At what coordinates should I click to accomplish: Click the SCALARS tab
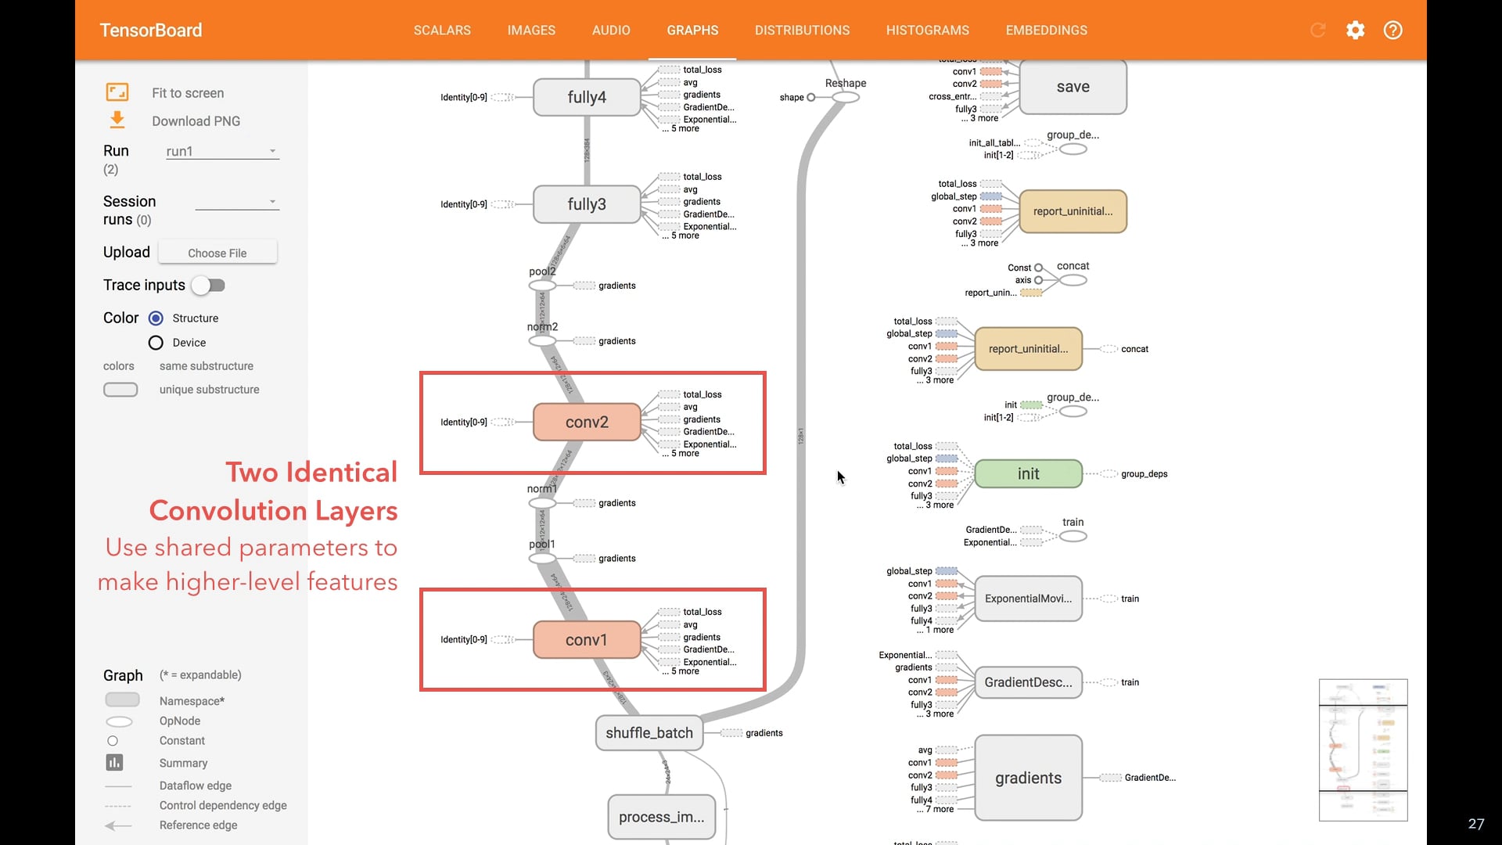tap(442, 31)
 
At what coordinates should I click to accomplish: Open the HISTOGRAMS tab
tap(927, 31)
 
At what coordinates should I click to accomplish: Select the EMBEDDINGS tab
tap(1046, 31)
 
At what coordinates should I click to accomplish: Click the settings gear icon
tap(1355, 31)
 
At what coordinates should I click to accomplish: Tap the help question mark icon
tap(1392, 31)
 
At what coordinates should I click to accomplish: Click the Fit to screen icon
tap(117, 92)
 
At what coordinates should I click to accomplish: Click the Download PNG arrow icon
tap(117, 120)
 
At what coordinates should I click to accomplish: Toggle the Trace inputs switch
tap(209, 286)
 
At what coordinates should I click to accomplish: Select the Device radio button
tap(156, 343)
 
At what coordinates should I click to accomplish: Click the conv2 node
tap(587, 422)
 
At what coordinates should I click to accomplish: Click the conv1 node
tap(587, 640)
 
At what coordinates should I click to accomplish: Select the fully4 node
tap(587, 97)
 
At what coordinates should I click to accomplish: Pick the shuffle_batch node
tap(649, 733)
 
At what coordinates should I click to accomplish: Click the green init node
tap(1028, 474)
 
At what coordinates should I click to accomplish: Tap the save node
tap(1073, 87)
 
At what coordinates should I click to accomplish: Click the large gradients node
tap(1028, 778)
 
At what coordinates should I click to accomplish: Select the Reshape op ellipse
tap(846, 98)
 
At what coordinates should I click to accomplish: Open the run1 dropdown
tap(222, 151)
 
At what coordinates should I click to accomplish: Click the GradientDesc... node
tap(1028, 682)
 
